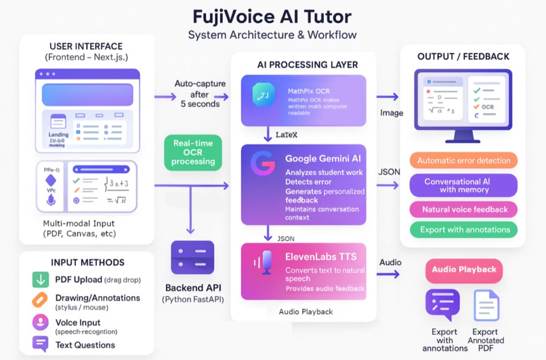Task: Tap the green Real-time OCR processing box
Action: pyautogui.click(x=193, y=153)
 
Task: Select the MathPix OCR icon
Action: pyautogui.click(x=264, y=96)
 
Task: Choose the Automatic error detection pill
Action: pyautogui.click(x=464, y=161)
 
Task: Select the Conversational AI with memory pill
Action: pyautogui.click(x=464, y=185)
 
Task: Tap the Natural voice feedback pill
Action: pyautogui.click(x=464, y=209)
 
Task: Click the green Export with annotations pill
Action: pyautogui.click(x=464, y=230)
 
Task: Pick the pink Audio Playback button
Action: pyautogui.click(x=464, y=270)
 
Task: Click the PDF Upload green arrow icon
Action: pyautogui.click(x=41, y=279)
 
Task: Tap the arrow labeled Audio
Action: pyautogui.click(x=388, y=275)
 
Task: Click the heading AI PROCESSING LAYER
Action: pyautogui.click(x=307, y=65)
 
